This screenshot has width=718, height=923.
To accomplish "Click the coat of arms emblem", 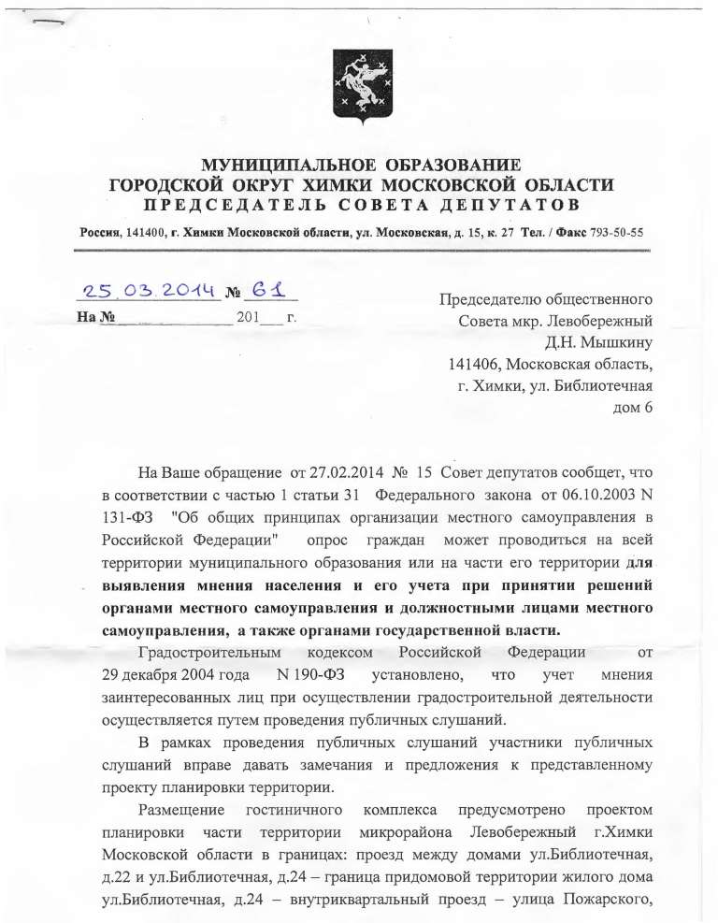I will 359,82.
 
